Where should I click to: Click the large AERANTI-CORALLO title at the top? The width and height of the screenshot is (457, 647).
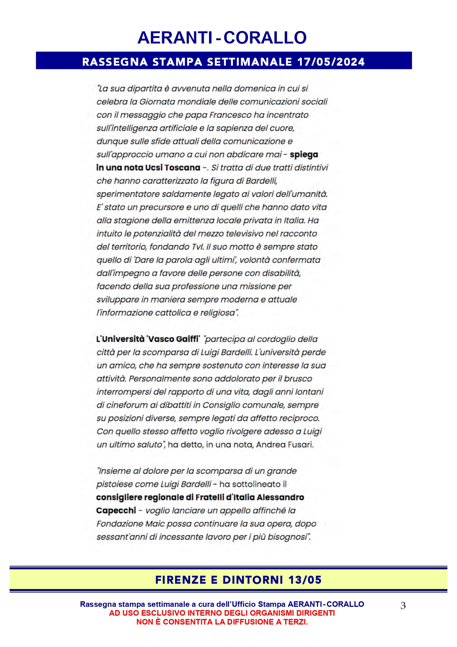point(222,38)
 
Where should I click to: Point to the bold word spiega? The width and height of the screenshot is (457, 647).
point(304,154)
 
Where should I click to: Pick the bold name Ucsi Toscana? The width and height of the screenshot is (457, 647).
point(172,168)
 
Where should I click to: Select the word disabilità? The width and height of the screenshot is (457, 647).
point(281,273)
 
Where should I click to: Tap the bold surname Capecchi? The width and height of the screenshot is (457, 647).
point(116,511)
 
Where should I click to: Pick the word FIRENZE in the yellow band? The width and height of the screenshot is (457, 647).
point(181,580)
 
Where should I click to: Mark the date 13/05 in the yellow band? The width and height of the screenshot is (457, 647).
point(305,580)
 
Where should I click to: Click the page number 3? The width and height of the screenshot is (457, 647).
point(403,606)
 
